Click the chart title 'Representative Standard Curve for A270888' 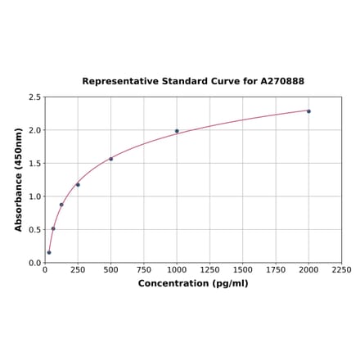coord(193,82)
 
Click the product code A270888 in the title coord(282,82)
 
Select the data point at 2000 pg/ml coord(308,111)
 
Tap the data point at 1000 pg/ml coord(177,131)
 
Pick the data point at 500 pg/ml coord(111,159)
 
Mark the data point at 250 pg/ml coord(78,184)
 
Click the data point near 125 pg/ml coord(61,205)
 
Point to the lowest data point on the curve coord(49,252)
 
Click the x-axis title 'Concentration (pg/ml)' coord(193,283)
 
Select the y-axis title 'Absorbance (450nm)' coord(19,179)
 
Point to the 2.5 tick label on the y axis coord(35,97)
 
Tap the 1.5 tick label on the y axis coord(35,164)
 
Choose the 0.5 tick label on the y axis coord(35,230)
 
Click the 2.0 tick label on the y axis coord(35,130)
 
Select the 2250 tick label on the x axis coord(341,269)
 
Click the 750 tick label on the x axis coord(144,269)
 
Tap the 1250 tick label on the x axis coord(209,269)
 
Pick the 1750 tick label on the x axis coord(276,269)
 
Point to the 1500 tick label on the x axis coord(243,269)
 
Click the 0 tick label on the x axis coord(45,269)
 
